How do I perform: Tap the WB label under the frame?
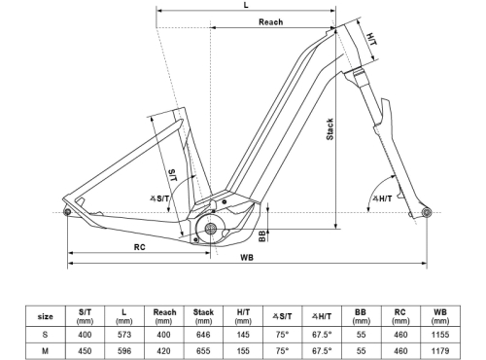[248, 258]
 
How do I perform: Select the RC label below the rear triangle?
[140, 247]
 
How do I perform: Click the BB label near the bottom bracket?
[263, 235]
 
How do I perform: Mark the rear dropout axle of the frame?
[67, 212]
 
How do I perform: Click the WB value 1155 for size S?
[439, 334]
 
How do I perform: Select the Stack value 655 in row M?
[203, 350]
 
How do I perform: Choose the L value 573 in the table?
[123, 334]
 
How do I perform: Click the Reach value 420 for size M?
[163, 350]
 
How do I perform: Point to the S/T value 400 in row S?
[85, 334]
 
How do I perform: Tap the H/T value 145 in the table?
[242, 334]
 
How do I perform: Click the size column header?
[45, 315]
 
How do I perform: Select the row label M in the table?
[45, 350]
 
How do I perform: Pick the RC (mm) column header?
[400, 315]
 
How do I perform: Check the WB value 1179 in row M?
[439, 350]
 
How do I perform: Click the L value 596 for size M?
[123, 350]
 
